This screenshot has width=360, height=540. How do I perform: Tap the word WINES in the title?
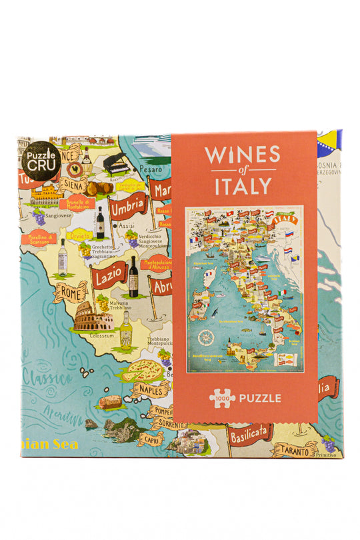click(242, 155)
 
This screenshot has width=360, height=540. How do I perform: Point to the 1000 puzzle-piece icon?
click(223, 398)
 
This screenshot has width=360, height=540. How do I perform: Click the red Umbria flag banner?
click(128, 209)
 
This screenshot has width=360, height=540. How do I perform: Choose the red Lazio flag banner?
click(110, 275)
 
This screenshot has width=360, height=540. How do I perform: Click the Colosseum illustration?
click(93, 321)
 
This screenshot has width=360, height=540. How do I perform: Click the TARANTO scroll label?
click(295, 450)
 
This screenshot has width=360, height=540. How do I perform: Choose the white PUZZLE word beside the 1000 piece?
click(261, 399)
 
